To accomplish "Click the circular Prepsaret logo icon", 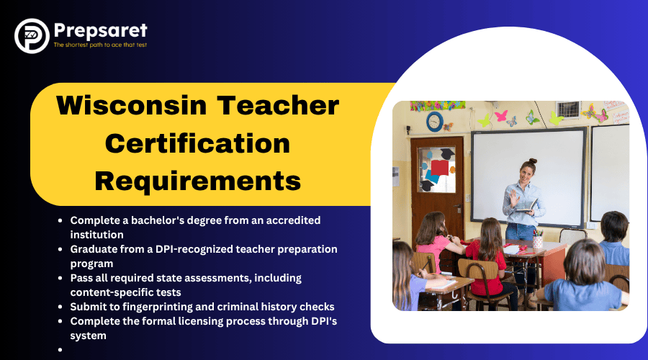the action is pos(32,36).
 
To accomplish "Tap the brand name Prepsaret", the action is pos(100,30).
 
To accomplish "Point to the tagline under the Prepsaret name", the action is pos(100,45).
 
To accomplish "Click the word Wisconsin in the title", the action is pos(132,105).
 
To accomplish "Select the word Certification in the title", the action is pos(197,143).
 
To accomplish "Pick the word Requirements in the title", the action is pos(198,181).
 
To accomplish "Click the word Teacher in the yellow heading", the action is pos(278,105).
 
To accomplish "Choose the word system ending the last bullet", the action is pos(88,336).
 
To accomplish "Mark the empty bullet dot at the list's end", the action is pos(60,350).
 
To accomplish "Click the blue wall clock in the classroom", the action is pos(435,122).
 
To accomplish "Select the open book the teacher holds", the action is pos(526,207).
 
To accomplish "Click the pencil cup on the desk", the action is pos(537,240).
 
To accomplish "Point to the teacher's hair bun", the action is pos(532,161).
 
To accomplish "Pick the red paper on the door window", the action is pos(439,167).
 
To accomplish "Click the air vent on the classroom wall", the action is pos(568,109).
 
